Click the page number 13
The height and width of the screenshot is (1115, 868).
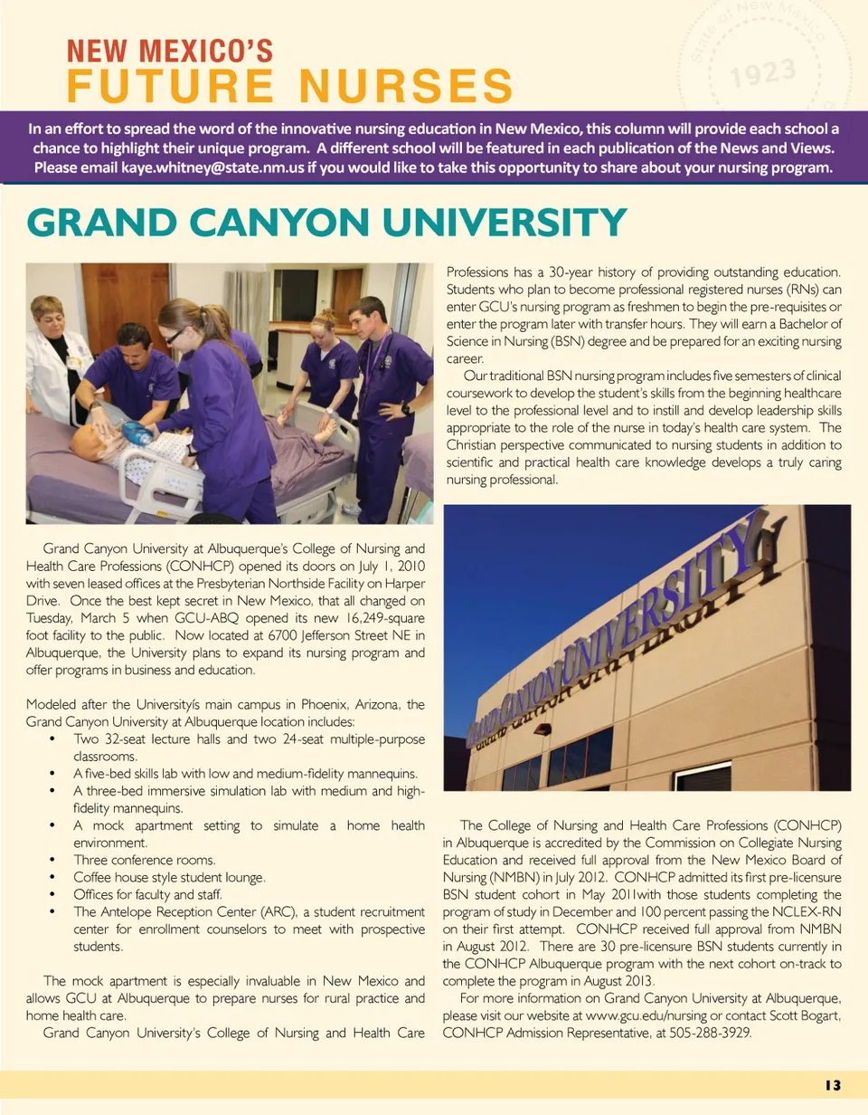(832, 1085)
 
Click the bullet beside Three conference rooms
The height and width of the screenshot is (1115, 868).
(54, 860)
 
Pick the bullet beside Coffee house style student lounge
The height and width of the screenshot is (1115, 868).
(54, 877)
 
